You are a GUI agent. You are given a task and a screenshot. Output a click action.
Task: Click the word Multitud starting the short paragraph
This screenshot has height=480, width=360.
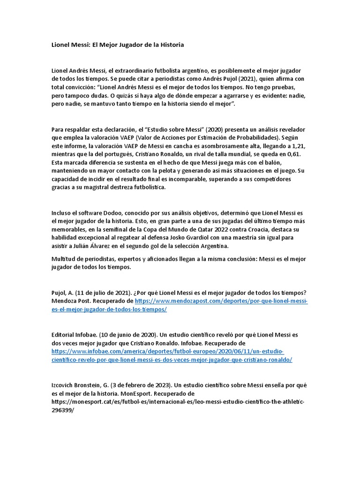(x=64, y=260)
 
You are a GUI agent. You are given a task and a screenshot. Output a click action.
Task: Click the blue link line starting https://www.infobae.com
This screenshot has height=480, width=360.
(x=167, y=352)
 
